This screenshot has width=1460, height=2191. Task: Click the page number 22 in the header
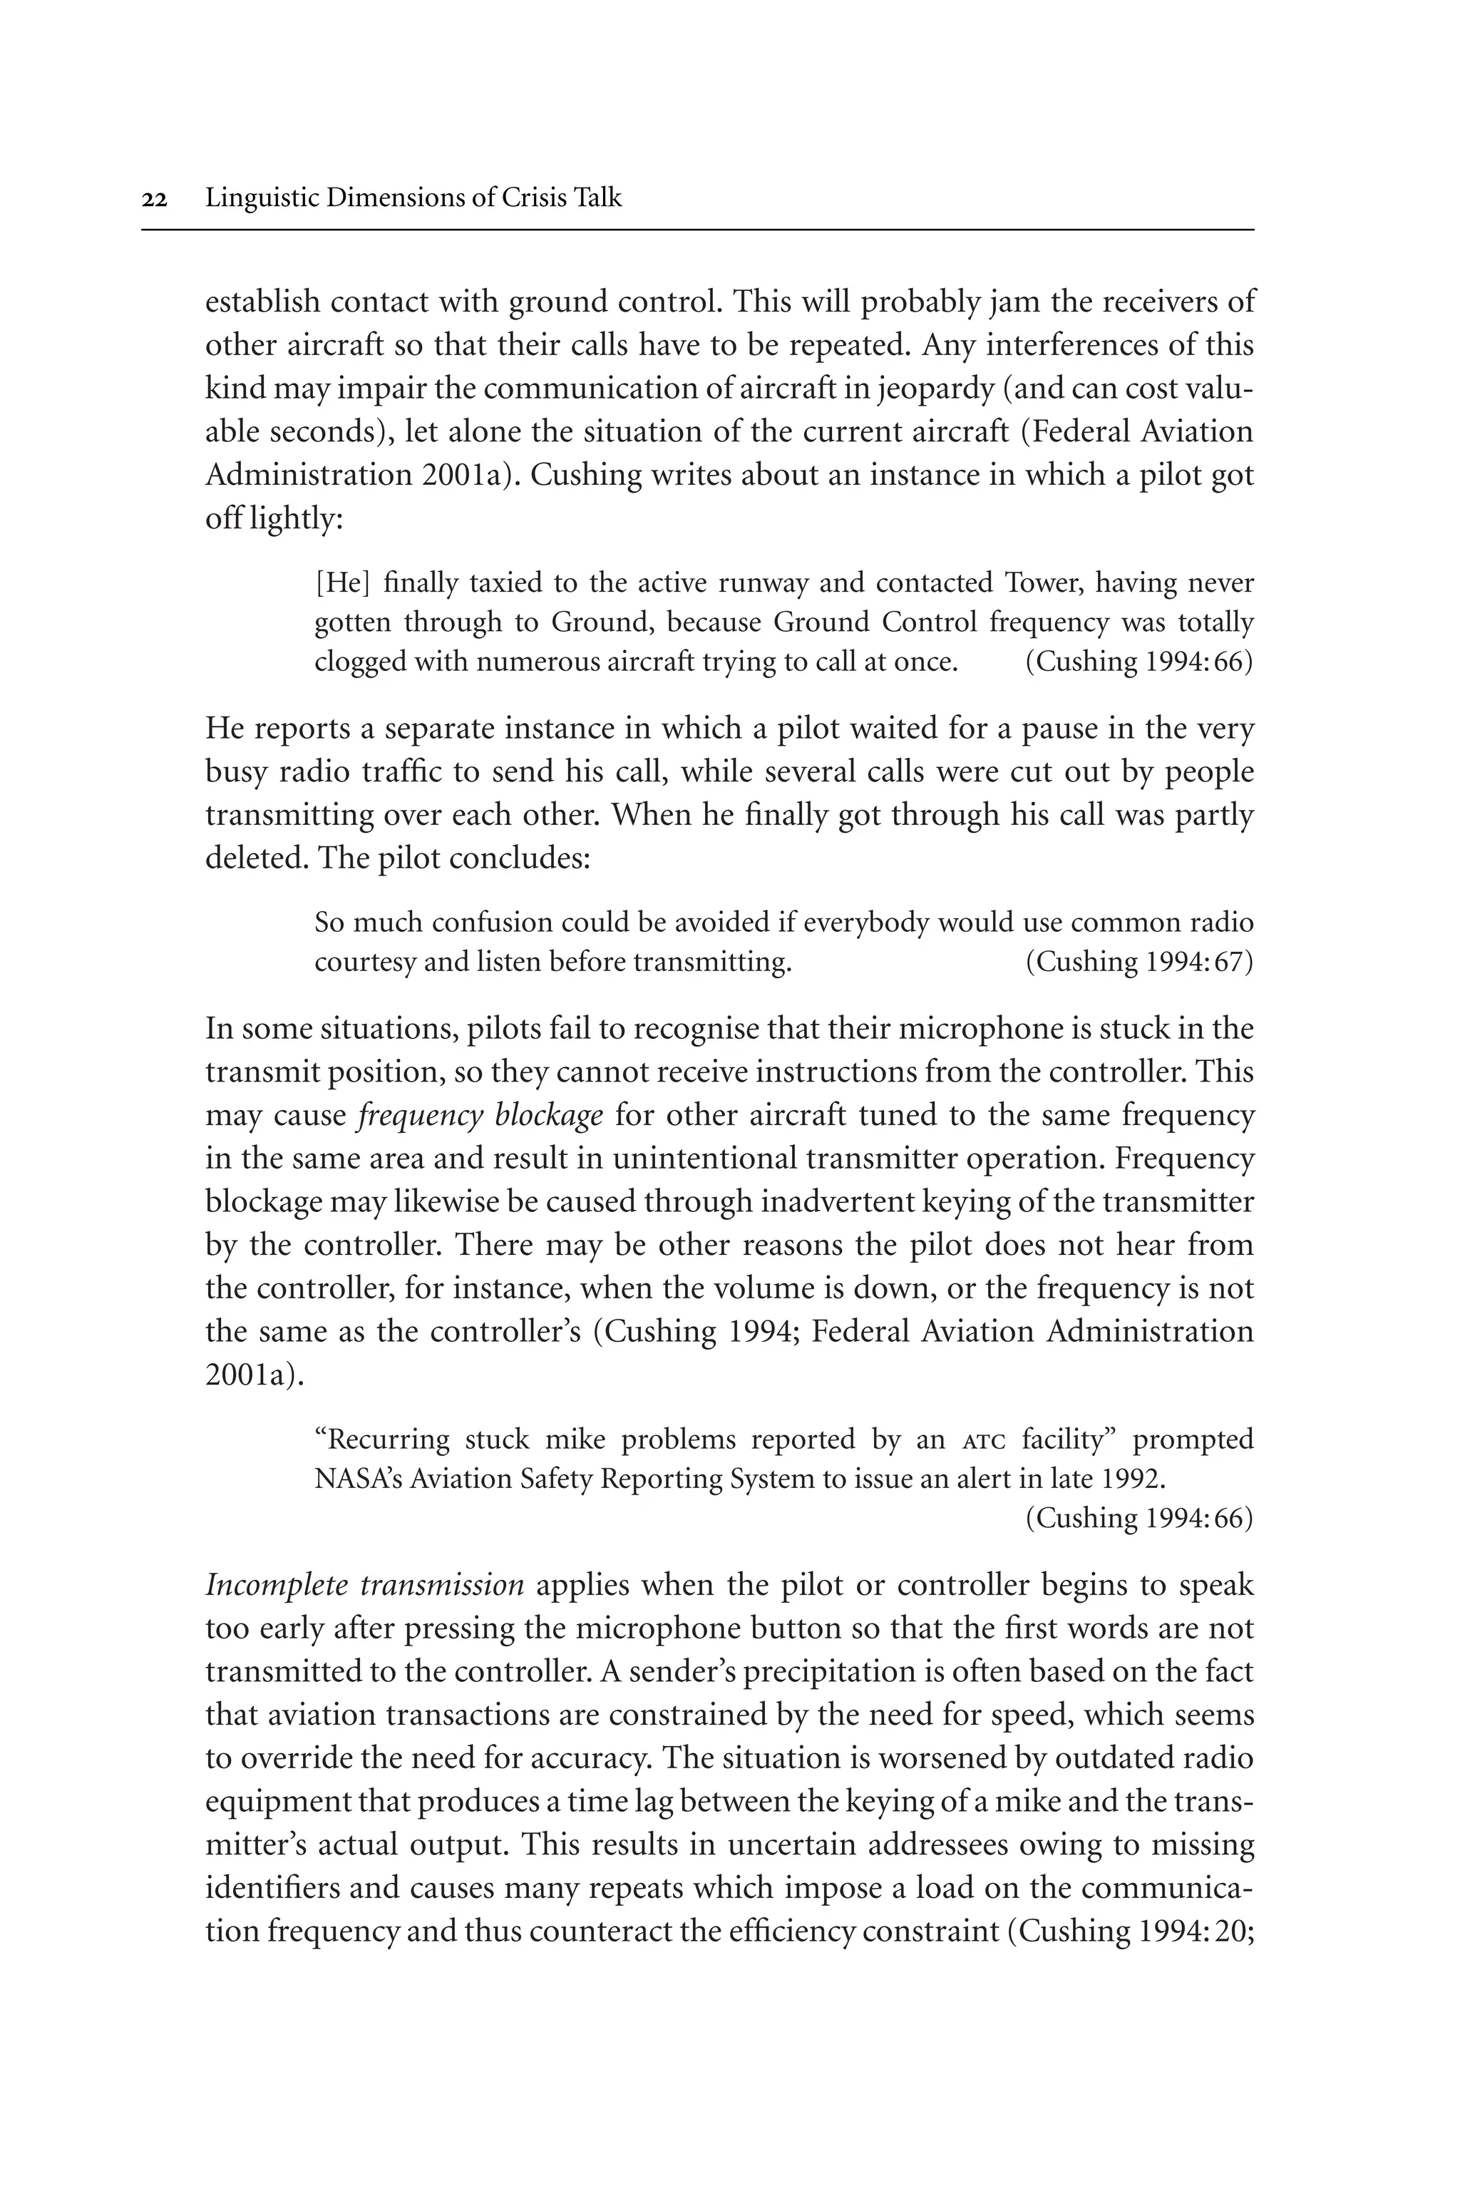[x=155, y=199]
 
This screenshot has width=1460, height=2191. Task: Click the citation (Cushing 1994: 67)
[x=1138, y=962]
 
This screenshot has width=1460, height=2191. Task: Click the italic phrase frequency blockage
[x=480, y=1116]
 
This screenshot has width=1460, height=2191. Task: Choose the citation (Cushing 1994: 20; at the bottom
[x=1131, y=1932]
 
